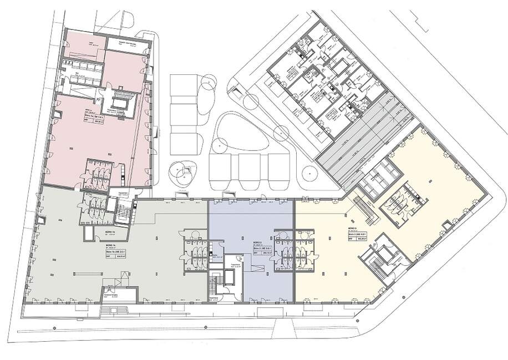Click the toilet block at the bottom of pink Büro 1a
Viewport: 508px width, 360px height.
coord(100,174)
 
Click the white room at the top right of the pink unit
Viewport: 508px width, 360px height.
coord(126,44)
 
